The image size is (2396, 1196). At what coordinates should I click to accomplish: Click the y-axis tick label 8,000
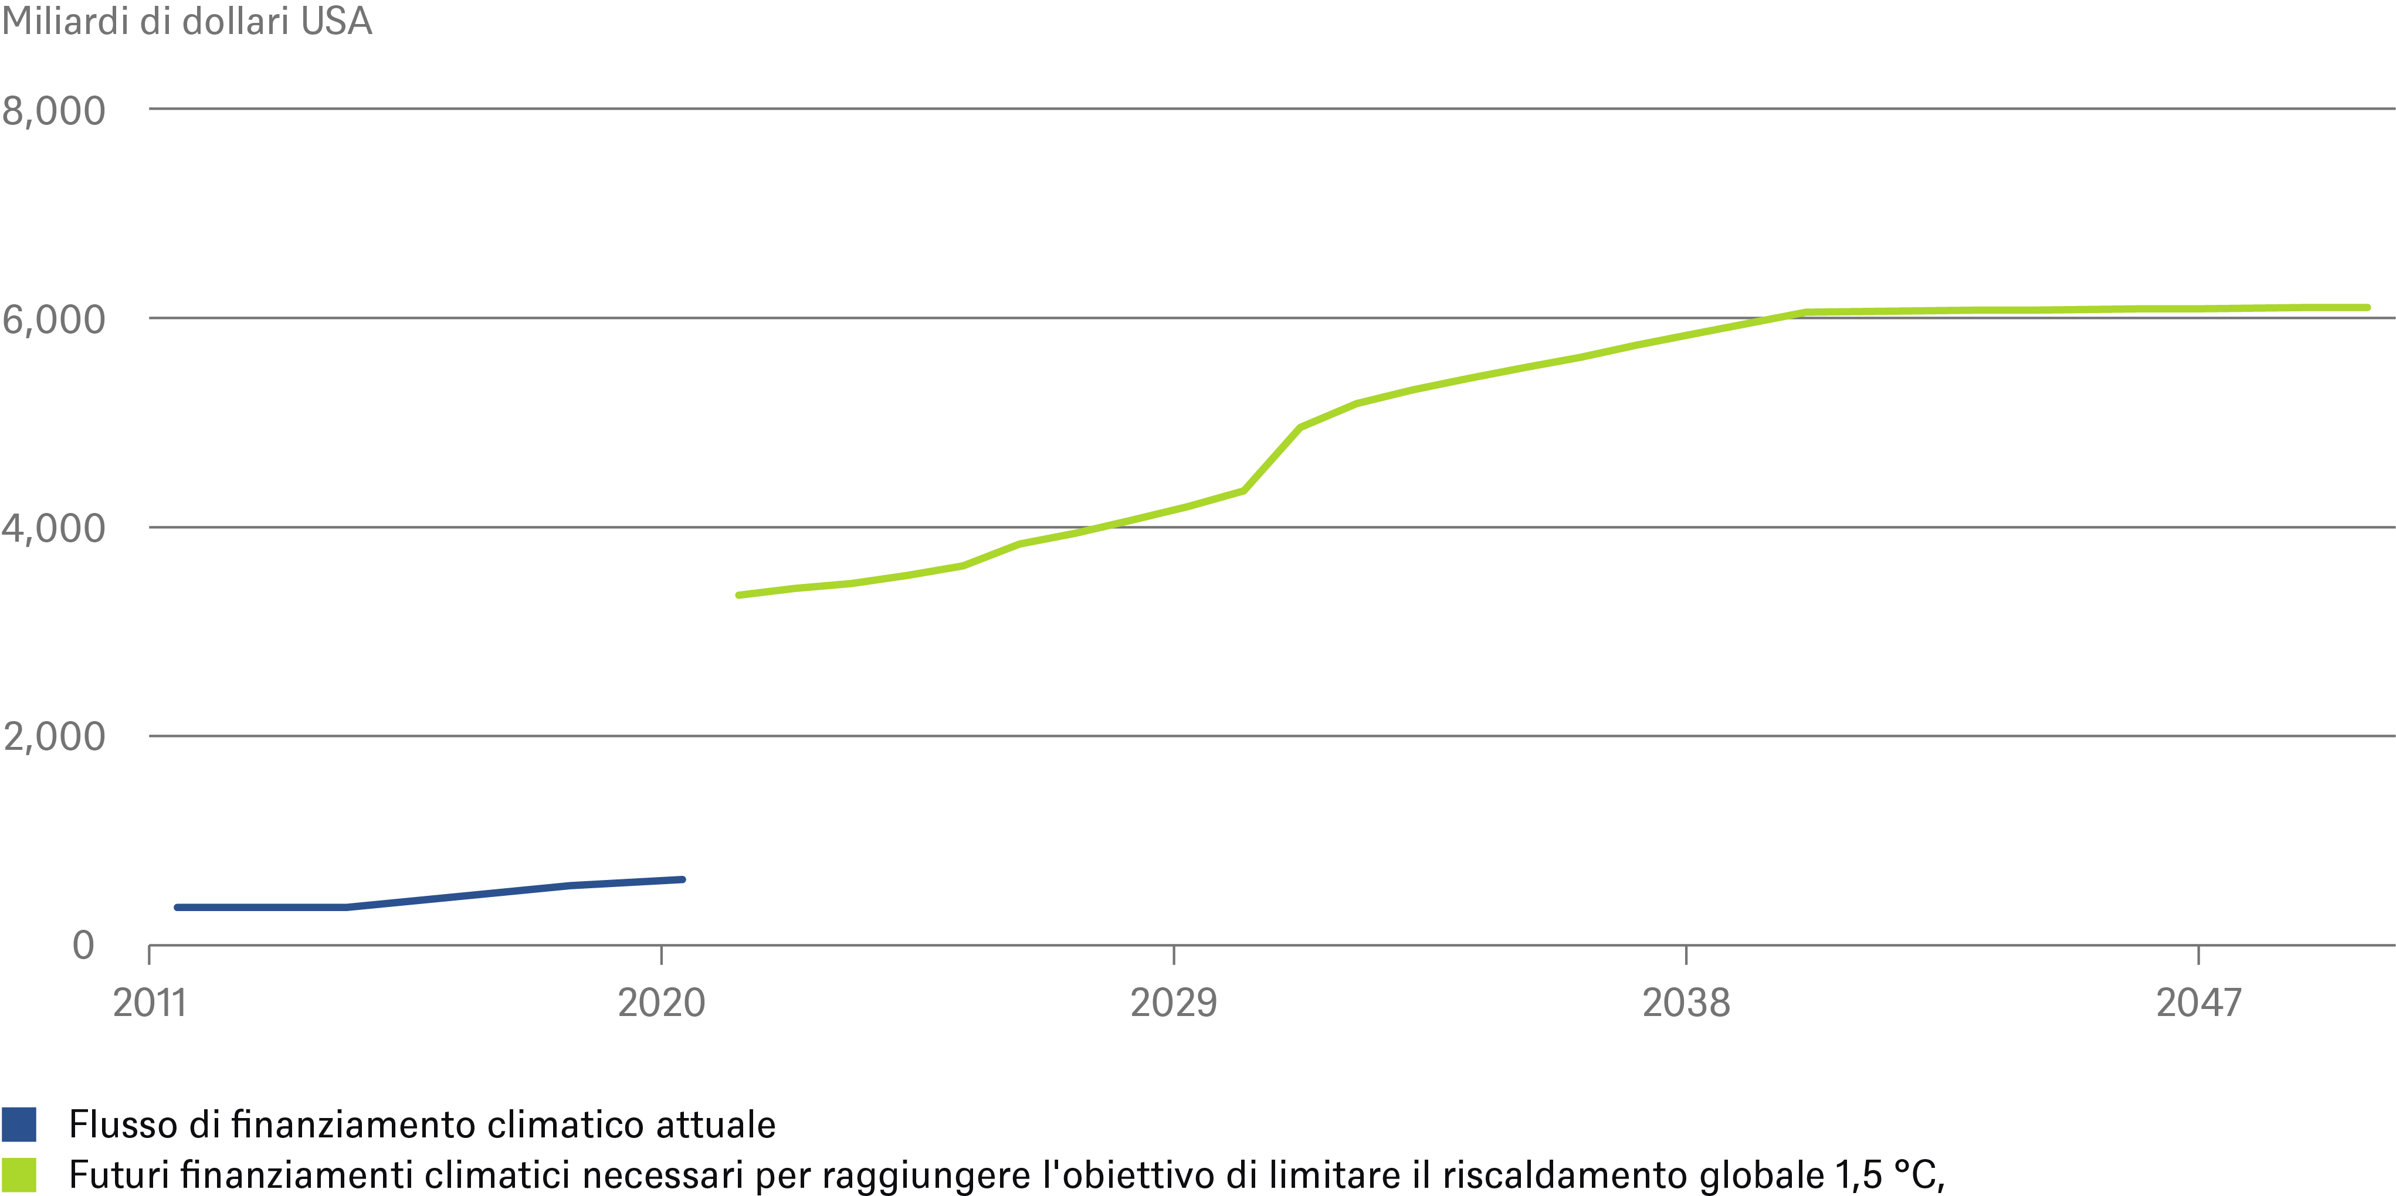point(54,111)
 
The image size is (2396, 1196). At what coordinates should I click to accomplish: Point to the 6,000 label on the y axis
point(54,320)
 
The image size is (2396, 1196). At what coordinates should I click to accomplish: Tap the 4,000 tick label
point(54,528)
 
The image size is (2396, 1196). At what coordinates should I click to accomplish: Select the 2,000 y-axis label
point(54,736)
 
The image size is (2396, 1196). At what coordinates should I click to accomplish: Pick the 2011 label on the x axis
point(150,1003)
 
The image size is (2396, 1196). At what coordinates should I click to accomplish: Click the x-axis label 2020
point(661,1003)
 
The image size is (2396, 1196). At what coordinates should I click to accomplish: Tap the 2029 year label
point(1173,1003)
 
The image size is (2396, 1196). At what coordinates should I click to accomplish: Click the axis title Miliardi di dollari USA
point(186,21)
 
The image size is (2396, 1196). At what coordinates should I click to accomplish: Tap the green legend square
point(19,1175)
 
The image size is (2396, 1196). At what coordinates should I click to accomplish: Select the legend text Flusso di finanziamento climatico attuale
point(422,1124)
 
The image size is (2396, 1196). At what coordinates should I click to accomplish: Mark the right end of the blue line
point(683,879)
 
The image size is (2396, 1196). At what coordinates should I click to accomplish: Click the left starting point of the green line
point(738,594)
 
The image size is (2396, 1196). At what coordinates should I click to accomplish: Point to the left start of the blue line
point(177,907)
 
